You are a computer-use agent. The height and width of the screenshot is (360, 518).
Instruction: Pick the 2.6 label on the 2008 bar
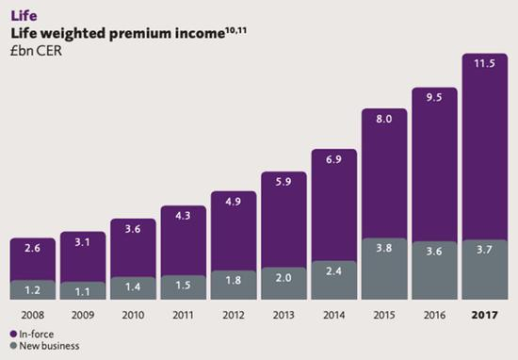tap(33, 250)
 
